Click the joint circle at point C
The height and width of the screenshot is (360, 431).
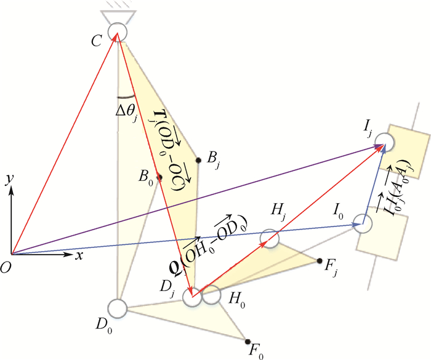pyautogui.click(x=118, y=32)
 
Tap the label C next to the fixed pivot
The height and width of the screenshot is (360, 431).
pyautogui.click(x=97, y=41)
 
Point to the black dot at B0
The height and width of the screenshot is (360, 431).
pyautogui.click(x=159, y=177)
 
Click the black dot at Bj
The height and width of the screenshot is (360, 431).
pyautogui.click(x=198, y=160)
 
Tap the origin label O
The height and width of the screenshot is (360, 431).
pyautogui.click(x=6, y=268)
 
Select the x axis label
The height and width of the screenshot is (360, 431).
pyautogui.click(x=79, y=256)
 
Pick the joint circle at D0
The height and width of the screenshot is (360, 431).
pyautogui.click(x=118, y=308)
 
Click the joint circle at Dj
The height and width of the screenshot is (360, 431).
pyautogui.click(x=192, y=297)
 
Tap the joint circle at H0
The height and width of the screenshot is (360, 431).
pyautogui.click(x=211, y=295)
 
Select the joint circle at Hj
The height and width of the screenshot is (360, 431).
pyautogui.click(x=270, y=238)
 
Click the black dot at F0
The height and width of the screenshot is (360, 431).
pyautogui.click(x=248, y=342)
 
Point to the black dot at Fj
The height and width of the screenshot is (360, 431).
pyautogui.click(x=320, y=261)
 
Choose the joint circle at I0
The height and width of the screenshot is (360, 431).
pyautogui.click(x=363, y=224)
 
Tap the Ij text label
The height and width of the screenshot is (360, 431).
pyautogui.click(x=368, y=128)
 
